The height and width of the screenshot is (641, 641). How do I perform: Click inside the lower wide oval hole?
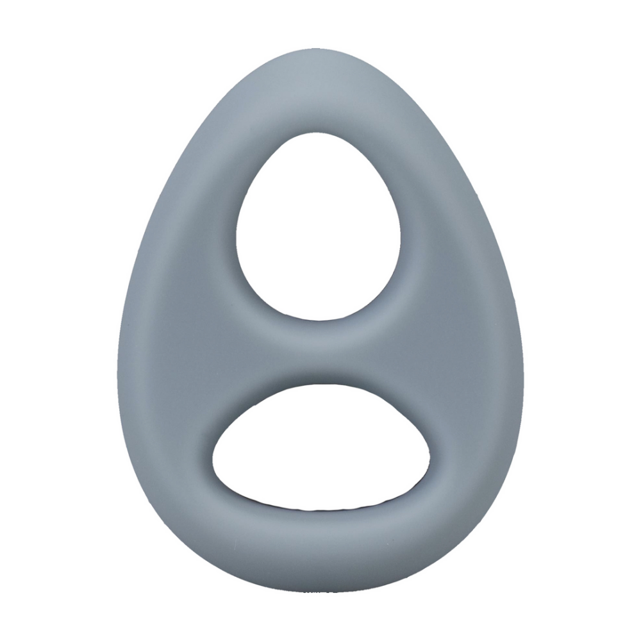320,449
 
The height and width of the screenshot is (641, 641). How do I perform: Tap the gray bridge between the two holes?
320,353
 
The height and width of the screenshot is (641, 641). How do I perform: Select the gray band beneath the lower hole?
320,545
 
